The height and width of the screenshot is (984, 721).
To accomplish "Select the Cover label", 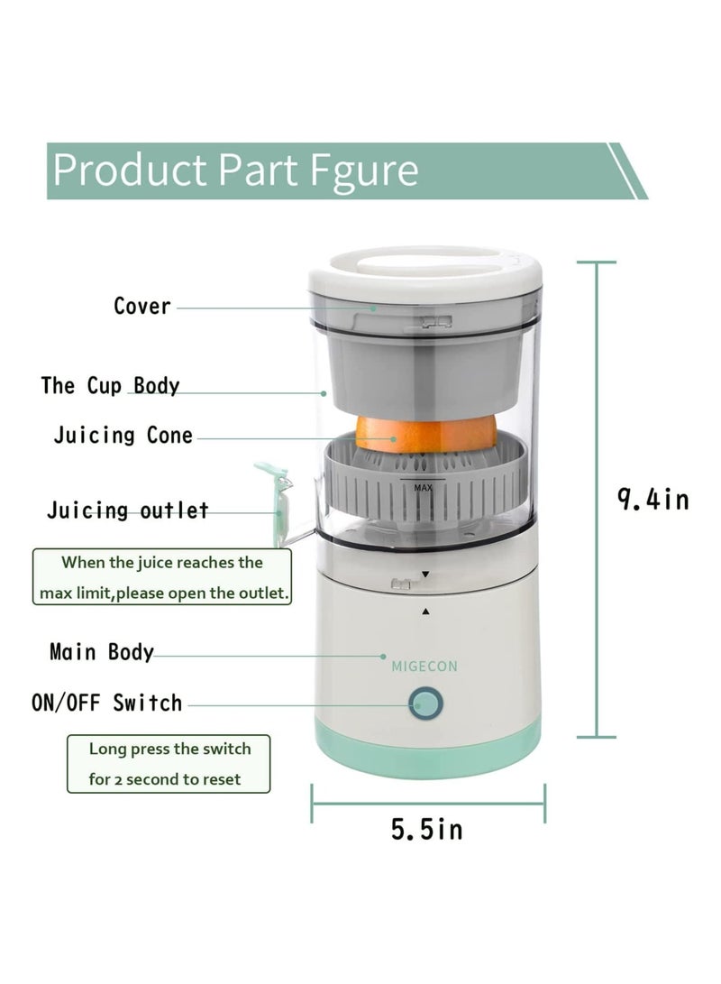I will pos(141,306).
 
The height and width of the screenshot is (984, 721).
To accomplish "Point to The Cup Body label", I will pos(110,386).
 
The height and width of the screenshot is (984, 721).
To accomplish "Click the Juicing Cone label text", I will pos(123,436).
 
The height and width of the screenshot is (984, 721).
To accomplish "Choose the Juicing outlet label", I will pos(127,510).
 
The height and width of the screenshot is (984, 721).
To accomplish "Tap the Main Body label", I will pos(101,651).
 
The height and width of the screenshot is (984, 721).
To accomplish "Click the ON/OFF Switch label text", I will pos(106,703).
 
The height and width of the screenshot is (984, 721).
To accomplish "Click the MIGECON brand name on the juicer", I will pos(424,667).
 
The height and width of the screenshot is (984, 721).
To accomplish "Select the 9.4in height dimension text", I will pos(653,499).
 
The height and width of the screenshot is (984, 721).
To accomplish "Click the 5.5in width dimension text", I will pos(426,829).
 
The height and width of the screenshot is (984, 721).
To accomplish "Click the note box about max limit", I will pos(162,578).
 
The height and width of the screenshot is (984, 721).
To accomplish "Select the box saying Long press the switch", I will pos(169,763).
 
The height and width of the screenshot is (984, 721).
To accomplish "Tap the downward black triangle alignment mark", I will pos(425,574).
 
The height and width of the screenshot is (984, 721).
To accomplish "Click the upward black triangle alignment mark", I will pos(425,611).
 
